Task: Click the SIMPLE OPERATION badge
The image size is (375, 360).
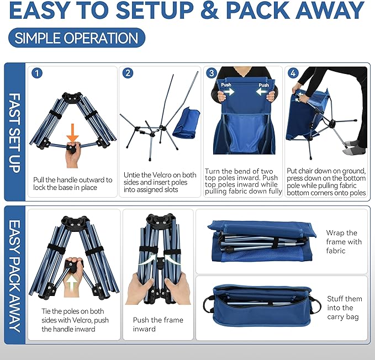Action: click(x=77, y=38)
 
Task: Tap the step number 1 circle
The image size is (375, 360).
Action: click(x=36, y=73)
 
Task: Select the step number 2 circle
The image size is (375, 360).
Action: click(x=128, y=73)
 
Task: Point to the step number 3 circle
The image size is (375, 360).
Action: click(x=211, y=73)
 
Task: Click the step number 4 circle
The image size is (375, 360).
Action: click(x=293, y=73)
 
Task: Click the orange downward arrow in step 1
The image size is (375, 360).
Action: click(x=72, y=133)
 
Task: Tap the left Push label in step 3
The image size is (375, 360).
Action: click(x=227, y=86)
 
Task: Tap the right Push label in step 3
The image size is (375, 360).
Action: click(x=263, y=86)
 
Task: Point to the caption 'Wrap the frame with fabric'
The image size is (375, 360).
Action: click(x=344, y=242)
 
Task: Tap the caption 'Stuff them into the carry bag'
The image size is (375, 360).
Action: click(x=344, y=308)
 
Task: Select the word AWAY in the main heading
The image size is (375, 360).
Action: click(x=327, y=10)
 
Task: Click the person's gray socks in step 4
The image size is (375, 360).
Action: click(x=353, y=148)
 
